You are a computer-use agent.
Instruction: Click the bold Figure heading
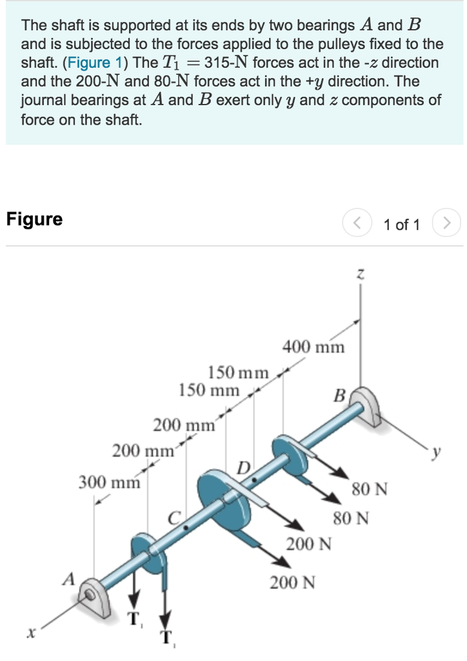[x=34, y=219]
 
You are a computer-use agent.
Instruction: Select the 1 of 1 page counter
[x=401, y=225]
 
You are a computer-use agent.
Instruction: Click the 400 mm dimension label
[x=313, y=347]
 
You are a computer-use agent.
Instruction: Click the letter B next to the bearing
[x=339, y=394]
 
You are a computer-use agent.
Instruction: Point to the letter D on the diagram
[x=244, y=467]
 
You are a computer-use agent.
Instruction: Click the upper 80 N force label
[x=370, y=489]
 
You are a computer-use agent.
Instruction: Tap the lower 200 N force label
[x=293, y=584]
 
